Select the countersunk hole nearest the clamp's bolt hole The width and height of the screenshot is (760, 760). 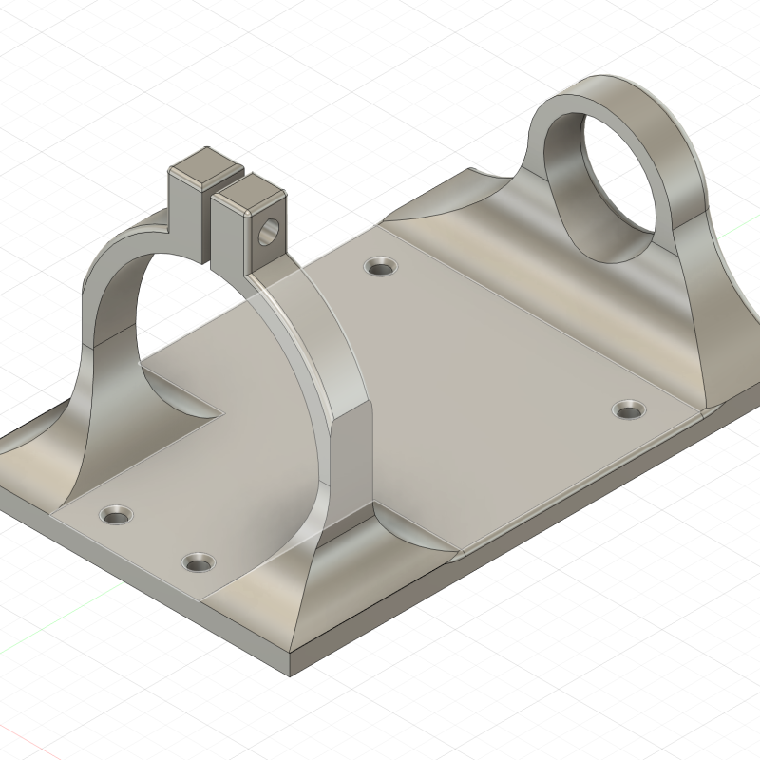pyautogui.click(x=382, y=267)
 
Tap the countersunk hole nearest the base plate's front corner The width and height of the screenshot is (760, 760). pyautogui.click(x=198, y=562)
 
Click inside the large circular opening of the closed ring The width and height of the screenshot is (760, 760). pyautogui.click(x=627, y=199)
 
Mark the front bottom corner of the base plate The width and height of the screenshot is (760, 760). pyautogui.click(x=290, y=675)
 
